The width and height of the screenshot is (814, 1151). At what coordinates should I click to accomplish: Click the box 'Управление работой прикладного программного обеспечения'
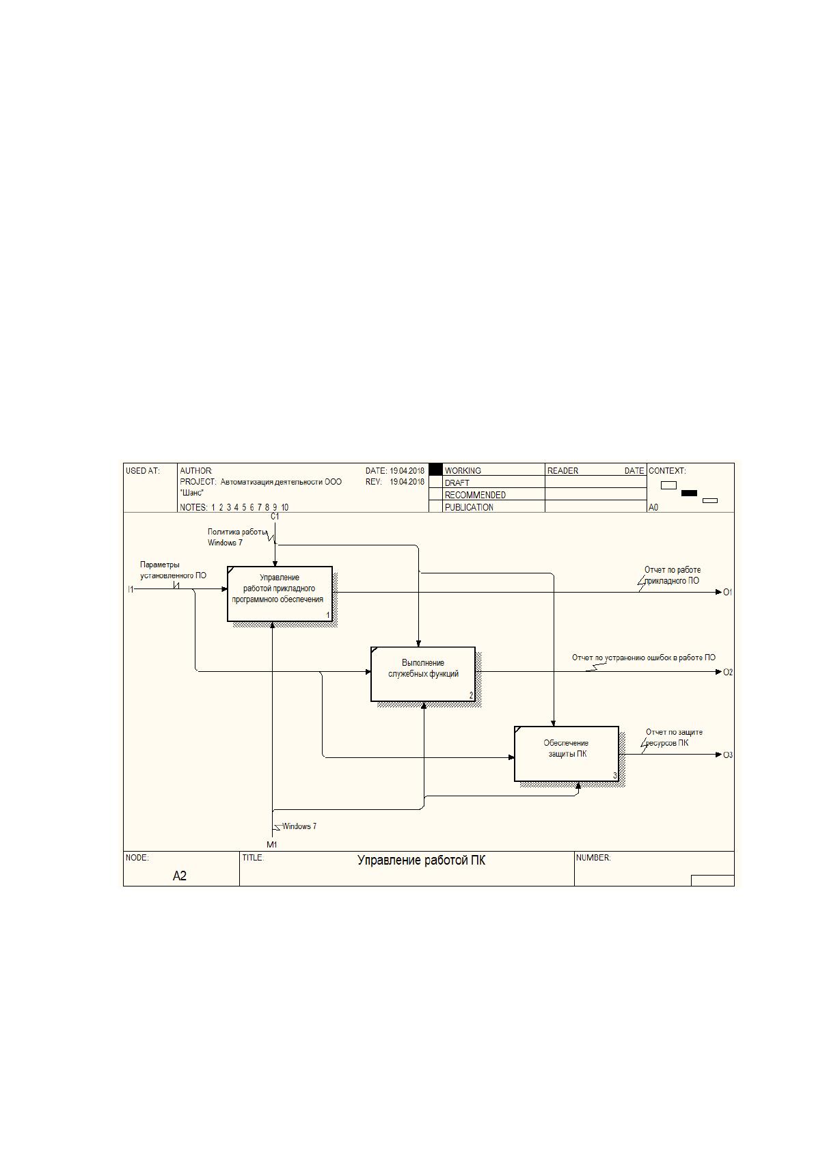[280, 593]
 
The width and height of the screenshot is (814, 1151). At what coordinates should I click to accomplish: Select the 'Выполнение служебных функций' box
[422, 674]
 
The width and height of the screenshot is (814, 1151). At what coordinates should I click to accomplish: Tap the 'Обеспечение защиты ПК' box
[567, 754]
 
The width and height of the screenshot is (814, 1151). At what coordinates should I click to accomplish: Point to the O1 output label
[727, 593]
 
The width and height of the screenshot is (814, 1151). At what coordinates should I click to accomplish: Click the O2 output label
[728, 673]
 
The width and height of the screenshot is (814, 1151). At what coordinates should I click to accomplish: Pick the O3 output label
[728, 755]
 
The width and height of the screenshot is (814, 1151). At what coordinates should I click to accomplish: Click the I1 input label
[131, 589]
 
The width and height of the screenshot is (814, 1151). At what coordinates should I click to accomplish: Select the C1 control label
[275, 517]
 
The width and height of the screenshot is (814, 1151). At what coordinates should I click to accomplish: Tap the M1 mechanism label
[272, 844]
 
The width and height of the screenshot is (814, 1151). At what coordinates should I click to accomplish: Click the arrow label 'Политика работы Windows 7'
[237, 537]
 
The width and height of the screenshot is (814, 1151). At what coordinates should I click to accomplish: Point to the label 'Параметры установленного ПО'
[173, 570]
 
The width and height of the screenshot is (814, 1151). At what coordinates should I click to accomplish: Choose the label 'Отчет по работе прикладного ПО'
[672, 575]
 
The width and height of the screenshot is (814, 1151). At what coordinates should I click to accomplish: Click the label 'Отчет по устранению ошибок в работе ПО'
[643, 658]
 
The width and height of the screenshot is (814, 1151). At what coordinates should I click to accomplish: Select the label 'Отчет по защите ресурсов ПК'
[674, 737]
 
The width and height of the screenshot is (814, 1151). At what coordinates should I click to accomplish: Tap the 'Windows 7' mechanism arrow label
[299, 826]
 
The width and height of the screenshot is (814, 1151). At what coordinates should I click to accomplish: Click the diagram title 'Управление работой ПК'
[421, 860]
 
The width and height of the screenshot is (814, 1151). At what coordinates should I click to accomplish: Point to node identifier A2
[179, 876]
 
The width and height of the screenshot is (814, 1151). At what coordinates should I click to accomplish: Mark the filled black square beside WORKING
[435, 469]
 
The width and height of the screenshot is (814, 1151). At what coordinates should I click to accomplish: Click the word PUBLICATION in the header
[469, 507]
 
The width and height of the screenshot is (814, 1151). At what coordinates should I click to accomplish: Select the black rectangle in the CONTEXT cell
[689, 493]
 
